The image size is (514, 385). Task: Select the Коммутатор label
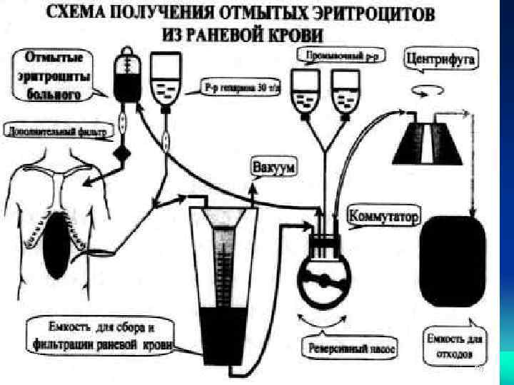click(385, 215)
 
